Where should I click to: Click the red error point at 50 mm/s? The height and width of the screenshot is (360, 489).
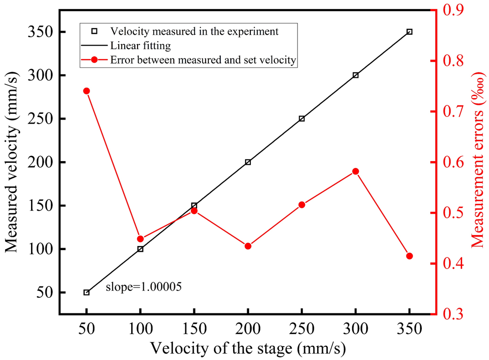click(86, 91)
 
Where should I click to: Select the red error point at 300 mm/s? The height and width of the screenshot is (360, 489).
click(356, 172)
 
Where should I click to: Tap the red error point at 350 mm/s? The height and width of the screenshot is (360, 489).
click(409, 256)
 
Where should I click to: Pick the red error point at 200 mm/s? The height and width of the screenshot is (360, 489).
click(248, 246)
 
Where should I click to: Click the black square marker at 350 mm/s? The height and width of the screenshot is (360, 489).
click(409, 32)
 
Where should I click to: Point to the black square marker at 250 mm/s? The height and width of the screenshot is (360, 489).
click(302, 118)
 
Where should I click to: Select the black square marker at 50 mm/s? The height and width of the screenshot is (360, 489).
click(86, 292)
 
